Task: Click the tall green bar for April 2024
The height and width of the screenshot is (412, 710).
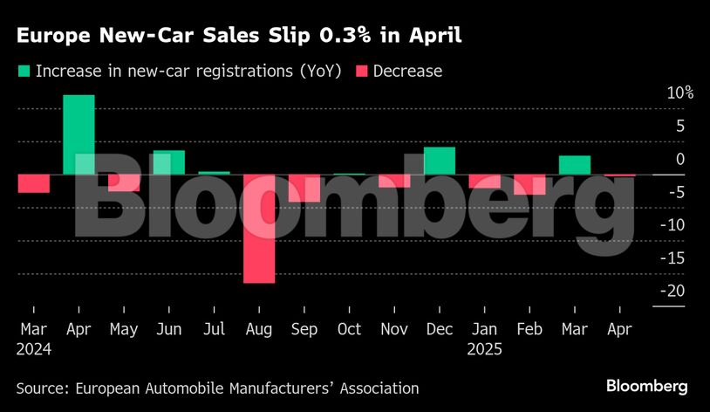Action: tap(79, 134)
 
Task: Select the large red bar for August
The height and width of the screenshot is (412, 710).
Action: tap(259, 229)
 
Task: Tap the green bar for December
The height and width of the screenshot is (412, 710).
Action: tap(440, 161)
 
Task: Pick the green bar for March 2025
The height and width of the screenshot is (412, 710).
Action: tap(575, 165)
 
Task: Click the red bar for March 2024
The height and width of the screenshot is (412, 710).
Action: tap(33, 183)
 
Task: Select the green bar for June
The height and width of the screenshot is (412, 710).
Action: tap(169, 162)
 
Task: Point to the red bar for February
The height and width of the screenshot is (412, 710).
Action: tap(529, 184)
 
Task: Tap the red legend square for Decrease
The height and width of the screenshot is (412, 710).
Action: tap(360, 72)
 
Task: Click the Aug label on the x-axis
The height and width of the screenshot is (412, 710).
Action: tap(259, 329)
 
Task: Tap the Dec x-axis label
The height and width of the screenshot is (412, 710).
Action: tap(440, 329)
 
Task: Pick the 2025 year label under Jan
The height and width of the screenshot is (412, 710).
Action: tap(485, 349)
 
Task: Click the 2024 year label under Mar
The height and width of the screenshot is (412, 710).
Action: tap(34, 349)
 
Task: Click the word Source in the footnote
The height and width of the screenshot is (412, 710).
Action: tap(41, 388)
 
